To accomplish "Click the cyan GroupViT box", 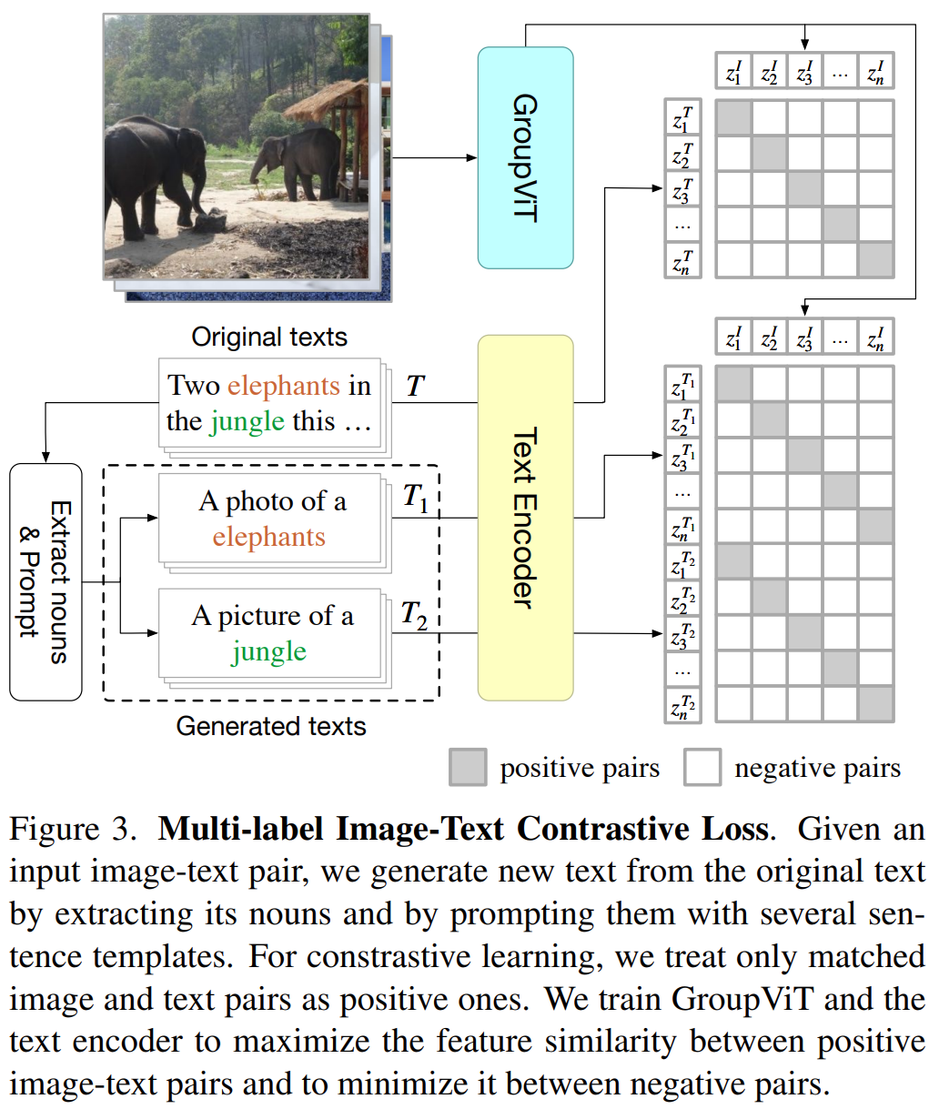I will (525, 157).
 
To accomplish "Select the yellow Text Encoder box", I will (525, 517).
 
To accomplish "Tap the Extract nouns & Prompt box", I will (45, 582).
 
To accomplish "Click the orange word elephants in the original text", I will (283, 386).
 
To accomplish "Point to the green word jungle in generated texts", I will (268, 652).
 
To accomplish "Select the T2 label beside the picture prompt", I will (414, 616).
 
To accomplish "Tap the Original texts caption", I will (269, 338).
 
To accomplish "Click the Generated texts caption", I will (271, 726).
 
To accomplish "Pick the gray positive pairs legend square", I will (468, 767).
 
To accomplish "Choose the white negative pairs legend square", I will (702, 767).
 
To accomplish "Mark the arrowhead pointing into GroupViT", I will (472, 157).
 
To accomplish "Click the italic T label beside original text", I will (415, 387).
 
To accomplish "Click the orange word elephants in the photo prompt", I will (268, 537).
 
